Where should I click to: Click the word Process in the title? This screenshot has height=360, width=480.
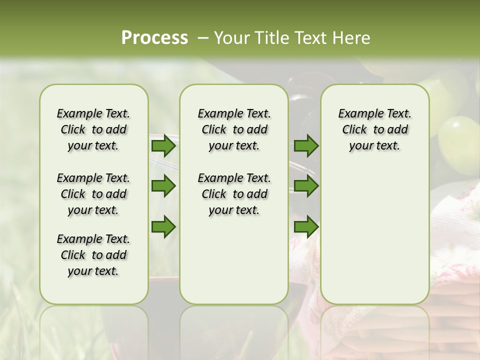pos(154,38)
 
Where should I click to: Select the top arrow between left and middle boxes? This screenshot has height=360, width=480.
pos(163,145)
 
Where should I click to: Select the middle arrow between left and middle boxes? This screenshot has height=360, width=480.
pos(163,186)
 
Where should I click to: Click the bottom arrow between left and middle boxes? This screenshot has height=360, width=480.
pos(163,227)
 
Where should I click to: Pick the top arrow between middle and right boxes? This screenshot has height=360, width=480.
pos(306,145)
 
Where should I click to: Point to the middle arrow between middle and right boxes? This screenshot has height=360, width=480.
pos(306,186)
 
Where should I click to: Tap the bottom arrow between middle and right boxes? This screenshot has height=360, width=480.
pos(306,227)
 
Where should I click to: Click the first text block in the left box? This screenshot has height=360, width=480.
pos(93,129)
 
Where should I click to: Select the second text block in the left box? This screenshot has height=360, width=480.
pos(93,194)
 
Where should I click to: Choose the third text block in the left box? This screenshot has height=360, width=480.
pos(93,255)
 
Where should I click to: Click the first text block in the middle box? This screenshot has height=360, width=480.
pos(234,129)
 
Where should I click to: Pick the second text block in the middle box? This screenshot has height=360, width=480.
pos(234,194)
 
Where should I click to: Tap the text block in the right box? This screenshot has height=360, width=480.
pos(374,129)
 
